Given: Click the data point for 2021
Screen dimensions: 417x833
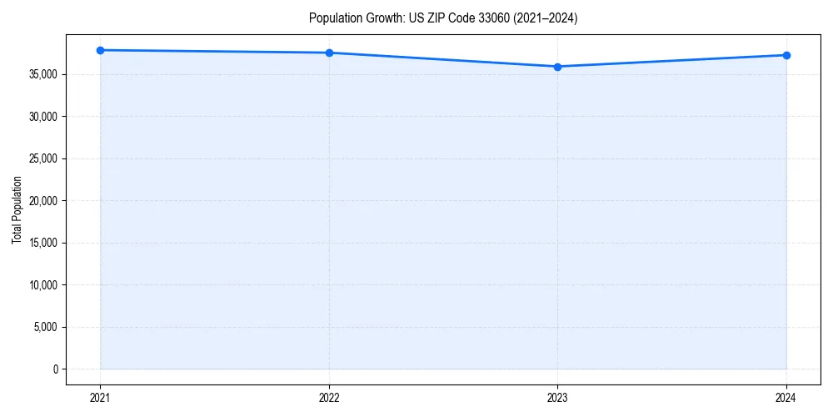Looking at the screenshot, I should pos(100,50).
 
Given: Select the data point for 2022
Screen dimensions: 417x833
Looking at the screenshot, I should pos(329,53).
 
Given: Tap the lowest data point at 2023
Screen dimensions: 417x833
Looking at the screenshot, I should pos(557,67).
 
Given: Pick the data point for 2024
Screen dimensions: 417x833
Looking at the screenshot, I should pos(786,55).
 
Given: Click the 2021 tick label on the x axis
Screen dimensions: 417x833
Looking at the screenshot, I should pos(100,397).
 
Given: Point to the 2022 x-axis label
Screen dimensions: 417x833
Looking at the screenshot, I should pos(329,397).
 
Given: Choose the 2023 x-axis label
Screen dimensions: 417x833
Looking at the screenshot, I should pos(557,397).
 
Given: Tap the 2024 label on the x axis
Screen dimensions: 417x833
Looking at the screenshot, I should pos(786,397).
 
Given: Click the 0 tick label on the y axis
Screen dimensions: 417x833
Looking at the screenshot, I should pos(54,369).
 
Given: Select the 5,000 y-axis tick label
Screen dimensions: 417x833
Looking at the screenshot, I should pos(45,327).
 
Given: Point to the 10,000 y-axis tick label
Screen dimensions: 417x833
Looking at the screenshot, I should pos(42,284).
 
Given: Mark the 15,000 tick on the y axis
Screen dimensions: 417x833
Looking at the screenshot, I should pos(42,243).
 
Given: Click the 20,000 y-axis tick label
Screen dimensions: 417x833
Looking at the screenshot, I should pos(42,201).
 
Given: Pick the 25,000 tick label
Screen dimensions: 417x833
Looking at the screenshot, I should pos(42,158).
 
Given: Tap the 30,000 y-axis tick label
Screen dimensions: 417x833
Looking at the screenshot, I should pos(42,117).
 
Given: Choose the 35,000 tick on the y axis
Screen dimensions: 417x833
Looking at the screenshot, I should pos(42,74).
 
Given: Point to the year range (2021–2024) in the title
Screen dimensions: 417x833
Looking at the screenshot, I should pos(546,18).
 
